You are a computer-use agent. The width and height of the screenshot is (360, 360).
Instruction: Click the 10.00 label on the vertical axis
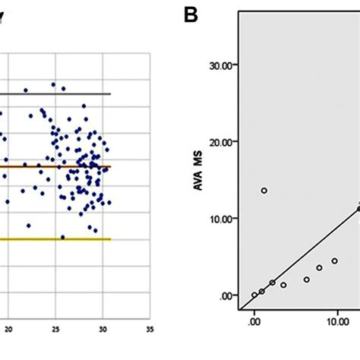226,218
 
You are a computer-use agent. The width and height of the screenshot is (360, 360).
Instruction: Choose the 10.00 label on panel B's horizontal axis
337,321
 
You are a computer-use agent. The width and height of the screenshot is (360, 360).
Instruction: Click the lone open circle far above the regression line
264,191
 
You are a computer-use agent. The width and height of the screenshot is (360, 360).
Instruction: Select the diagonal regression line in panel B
304,251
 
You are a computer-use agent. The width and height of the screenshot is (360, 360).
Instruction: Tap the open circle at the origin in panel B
254,295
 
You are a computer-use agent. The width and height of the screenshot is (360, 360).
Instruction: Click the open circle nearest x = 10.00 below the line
334,261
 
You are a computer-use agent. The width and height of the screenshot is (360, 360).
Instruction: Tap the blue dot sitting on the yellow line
62,237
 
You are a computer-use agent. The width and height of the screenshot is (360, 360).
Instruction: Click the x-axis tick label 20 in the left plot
8,330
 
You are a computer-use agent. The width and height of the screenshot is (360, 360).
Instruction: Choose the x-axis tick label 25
55,330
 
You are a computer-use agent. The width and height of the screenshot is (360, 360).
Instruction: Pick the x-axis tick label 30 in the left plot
103,330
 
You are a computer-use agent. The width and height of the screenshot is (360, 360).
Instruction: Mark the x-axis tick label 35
149,330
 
